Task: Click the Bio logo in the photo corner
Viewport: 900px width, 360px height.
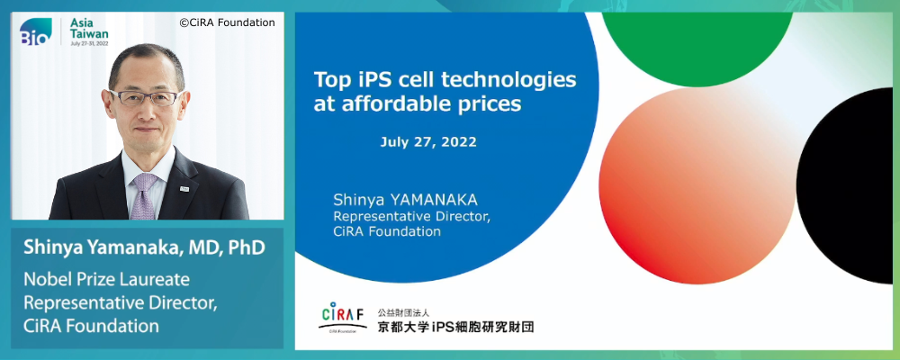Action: coord(36,32)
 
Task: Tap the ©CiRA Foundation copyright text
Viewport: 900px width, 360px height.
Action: coord(228,23)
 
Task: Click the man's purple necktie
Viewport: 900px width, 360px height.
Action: coord(143,195)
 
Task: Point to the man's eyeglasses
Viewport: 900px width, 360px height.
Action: coord(145,97)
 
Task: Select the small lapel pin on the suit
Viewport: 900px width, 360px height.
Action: coord(183,187)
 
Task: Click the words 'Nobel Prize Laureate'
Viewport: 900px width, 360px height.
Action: coord(106,280)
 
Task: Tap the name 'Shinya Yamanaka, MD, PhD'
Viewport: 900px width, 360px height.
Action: coord(144,248)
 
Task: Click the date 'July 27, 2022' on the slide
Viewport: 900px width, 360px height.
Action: coord(428,142)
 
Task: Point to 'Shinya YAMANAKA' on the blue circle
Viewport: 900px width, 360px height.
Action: coord(405,201)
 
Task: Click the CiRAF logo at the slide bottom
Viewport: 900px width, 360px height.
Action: coord(343,317)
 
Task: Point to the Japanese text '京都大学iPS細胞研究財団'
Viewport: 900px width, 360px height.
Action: coord(455,327)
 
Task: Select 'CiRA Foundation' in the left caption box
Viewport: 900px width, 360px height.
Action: coord(91,326)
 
